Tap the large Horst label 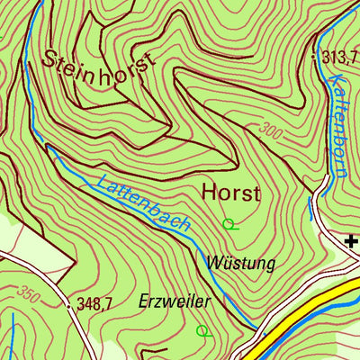[230, 193]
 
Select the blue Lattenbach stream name [144, 201]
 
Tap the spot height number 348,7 [94, 305]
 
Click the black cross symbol [351, 239]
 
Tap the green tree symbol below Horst [229, 223]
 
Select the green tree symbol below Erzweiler [203, 330]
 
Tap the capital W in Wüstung [214, 263]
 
